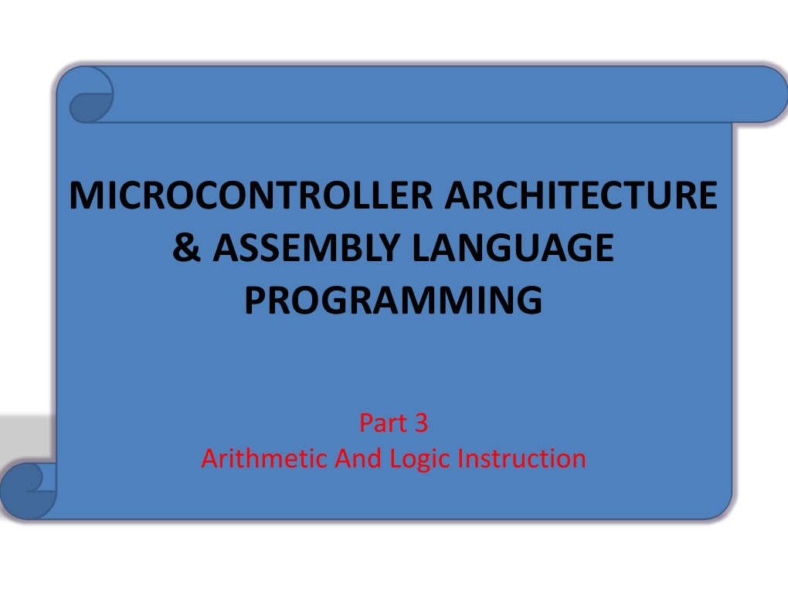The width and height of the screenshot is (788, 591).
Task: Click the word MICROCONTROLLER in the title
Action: pyautogui.click(x=250, y=195)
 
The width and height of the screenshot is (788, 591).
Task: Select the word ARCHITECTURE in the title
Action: pyautogui.click(x=580, y=195)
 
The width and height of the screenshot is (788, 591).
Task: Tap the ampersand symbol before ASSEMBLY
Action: pyautogui.click(x=185, y=249)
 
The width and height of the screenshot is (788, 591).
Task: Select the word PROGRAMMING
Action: pyautogui.click(x=392, y=301)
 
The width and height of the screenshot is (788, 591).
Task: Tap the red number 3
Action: pyautogui.click(x=420, y=423)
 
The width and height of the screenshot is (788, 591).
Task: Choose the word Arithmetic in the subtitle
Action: pyautogui.click(x=265, y=459)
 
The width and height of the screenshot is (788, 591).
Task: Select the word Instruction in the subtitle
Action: pyautogui.click(x=522, y=459)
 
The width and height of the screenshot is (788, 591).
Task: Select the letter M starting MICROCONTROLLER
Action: pyautogui.click(x=83, y=195)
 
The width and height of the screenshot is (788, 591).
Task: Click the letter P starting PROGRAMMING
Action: pyautogui.click(x=254, y=301)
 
